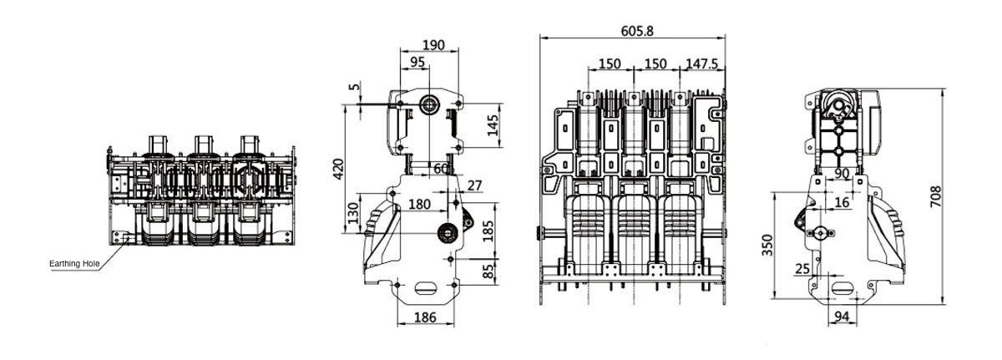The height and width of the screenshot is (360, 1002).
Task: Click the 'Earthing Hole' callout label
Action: pyautogui.click(x=74, y=264)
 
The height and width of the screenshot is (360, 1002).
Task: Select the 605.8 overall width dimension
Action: pyautogui.click(x=636, y=31)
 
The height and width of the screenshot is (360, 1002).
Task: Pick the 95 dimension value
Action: pyautogui.click(x=417, y=62)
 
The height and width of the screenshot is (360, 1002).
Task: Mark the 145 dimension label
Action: pyautogui.click(x=493, y=126)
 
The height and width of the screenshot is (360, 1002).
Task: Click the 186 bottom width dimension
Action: pyautogui.click(x=425, y=317)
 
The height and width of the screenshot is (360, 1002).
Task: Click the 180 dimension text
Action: pyautogui.click(x=420, y=205)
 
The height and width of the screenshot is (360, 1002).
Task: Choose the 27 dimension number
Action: pyautogui.click(x=474, y=185)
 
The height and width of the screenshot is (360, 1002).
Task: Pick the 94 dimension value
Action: pyautogui.click(x=841, y=317)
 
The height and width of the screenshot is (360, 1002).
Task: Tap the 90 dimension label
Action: pyautogui.click(x=842, y=173)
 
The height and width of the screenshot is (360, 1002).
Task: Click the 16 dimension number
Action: pyautogui.click(x=841, y=202)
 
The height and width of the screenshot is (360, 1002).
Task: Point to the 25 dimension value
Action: pyautogui.click(x=802, y=269)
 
